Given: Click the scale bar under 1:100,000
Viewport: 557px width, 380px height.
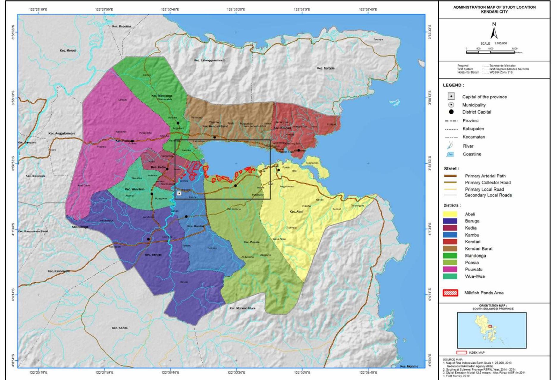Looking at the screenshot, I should point(490,52).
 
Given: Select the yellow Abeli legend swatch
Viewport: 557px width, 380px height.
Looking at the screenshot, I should point(450,214).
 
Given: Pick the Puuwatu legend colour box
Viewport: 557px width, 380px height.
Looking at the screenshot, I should point(450,269).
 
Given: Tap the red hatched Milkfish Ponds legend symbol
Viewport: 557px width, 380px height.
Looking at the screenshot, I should point(450,293).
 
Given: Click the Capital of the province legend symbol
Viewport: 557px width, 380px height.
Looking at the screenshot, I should point(451,96).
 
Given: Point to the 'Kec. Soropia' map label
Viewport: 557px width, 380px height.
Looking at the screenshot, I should point(326,68).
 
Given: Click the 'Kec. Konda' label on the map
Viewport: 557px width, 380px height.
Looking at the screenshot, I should point(120,328).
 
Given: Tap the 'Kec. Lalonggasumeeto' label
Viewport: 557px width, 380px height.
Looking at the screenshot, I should point(210,60).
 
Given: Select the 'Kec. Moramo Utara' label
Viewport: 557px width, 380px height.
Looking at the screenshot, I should point(242,308).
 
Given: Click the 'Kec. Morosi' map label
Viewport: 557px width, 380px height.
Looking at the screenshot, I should point(68,51).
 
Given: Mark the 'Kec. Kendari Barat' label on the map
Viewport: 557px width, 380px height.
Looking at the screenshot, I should point(215,126).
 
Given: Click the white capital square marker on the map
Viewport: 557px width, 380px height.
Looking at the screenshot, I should point(179,193).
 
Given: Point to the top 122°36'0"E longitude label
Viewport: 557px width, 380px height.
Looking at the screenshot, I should point(302,10).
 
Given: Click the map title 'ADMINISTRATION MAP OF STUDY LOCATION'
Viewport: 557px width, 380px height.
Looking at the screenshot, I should point(494,7).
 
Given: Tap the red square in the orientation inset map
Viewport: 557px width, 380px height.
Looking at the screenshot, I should point(490,326).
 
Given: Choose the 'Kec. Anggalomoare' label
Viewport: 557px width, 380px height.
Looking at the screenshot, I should point(62,133).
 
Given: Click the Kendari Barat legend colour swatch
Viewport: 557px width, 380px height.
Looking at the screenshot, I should point(450,248).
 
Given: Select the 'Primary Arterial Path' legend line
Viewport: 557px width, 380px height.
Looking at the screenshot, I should point(450,176).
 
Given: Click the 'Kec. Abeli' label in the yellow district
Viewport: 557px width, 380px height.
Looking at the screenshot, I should point(296,212).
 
